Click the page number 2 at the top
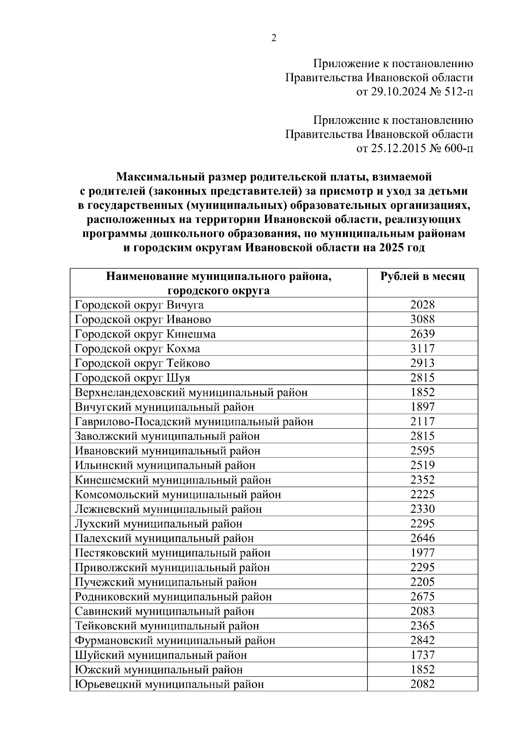coord(274,38)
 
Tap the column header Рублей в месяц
coord(422,276)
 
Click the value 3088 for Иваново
coord(422,320)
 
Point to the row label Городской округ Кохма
coord(137,349)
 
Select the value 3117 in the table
coord(422,349)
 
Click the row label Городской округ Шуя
coord(132,378)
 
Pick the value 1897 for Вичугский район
coord(422,407)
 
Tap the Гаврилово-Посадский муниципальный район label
coord(194,422)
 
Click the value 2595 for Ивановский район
coord(422,451)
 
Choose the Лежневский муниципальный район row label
coord(168,509)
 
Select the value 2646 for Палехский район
coord(422,539)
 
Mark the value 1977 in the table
coord(422,553)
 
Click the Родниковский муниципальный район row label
coord(173,597)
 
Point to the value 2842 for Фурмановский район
coord(422,641)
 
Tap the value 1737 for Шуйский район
coord(422,655)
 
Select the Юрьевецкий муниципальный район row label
coord(169,685)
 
